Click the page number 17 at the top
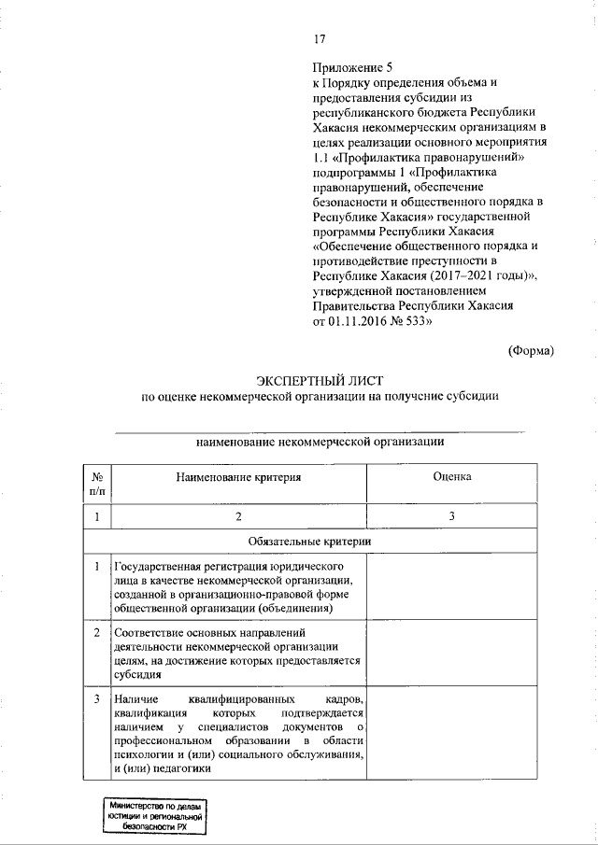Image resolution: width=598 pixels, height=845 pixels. click(x=319, y=38)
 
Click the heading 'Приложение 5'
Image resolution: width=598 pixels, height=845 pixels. click(x=348, y=68)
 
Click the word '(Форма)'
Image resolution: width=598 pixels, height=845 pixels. click(x=531, y=350)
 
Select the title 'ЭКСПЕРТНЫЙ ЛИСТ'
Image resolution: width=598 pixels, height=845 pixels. click(x=320, y=379)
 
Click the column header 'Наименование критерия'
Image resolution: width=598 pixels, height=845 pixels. click(x=239, y=477)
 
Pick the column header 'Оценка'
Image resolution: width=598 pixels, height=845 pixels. click(x=451, y=477)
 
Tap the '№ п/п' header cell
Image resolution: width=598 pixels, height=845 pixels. click(x=97, y=483)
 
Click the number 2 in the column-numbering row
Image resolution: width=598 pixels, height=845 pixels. click(x=239, y=516)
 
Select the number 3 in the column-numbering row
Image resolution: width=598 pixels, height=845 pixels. click(x=451, y=516)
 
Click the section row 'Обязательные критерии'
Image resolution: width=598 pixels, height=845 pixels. click(x=310, y=541)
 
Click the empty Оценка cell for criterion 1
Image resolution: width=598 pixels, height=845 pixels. click(x=451, y=586)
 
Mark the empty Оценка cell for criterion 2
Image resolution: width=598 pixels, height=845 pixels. click(x=451, y=653)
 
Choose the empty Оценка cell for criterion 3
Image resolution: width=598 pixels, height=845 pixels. click(x=451, y=734)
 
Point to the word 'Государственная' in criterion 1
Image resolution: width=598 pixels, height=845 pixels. click(x=156, y=567)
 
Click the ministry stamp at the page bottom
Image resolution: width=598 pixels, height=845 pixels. click(x=155, y=817)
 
